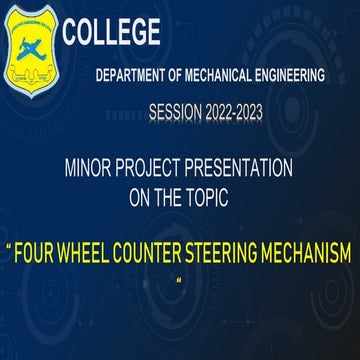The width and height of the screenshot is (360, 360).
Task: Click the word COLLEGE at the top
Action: (x=111, y=34)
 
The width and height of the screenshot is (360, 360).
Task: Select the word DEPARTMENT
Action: (x=131, y=76)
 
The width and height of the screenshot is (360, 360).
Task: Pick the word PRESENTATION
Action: (x=255, y=169)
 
